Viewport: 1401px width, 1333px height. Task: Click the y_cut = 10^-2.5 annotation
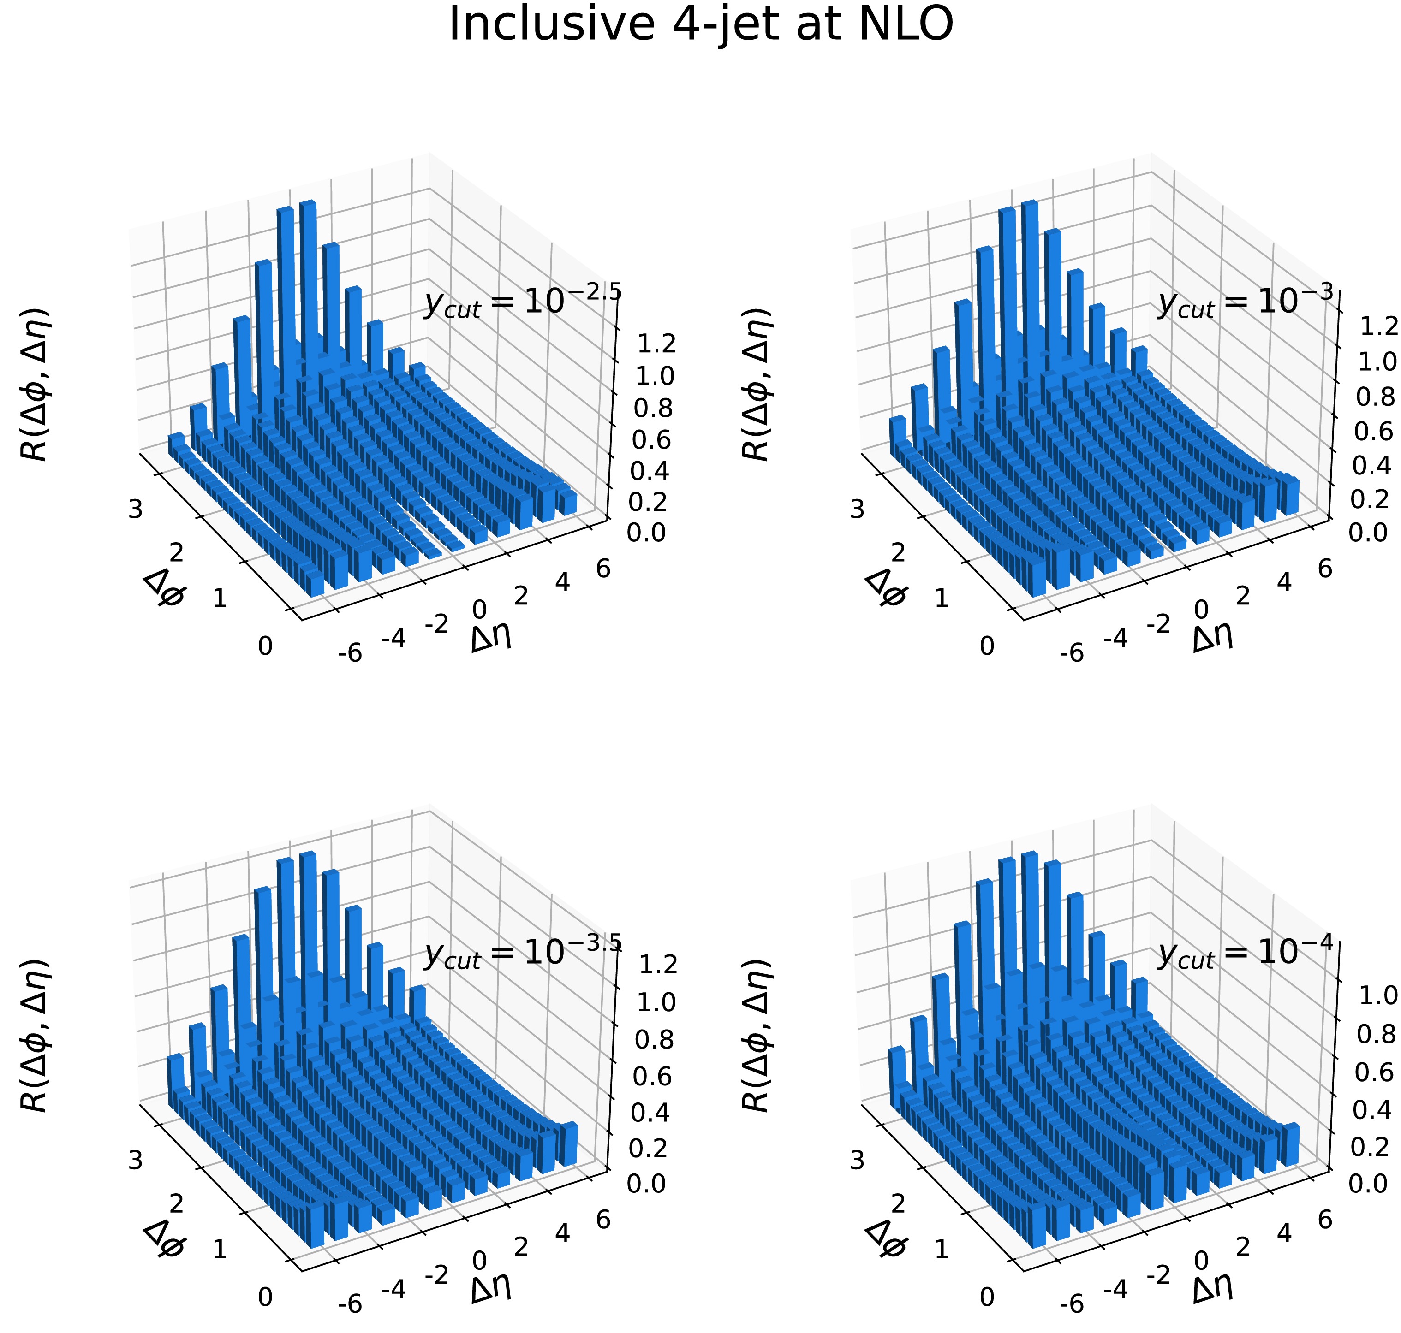[523, 302]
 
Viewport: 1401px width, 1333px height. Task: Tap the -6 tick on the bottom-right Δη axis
[1071, 1304]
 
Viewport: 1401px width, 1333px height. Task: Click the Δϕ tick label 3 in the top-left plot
[135, 510]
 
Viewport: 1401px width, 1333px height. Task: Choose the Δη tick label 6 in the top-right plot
[1324, 569]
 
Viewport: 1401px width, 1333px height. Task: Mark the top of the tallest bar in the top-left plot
[307, 203]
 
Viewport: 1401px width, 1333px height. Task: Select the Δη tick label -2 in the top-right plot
[1158, 625]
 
